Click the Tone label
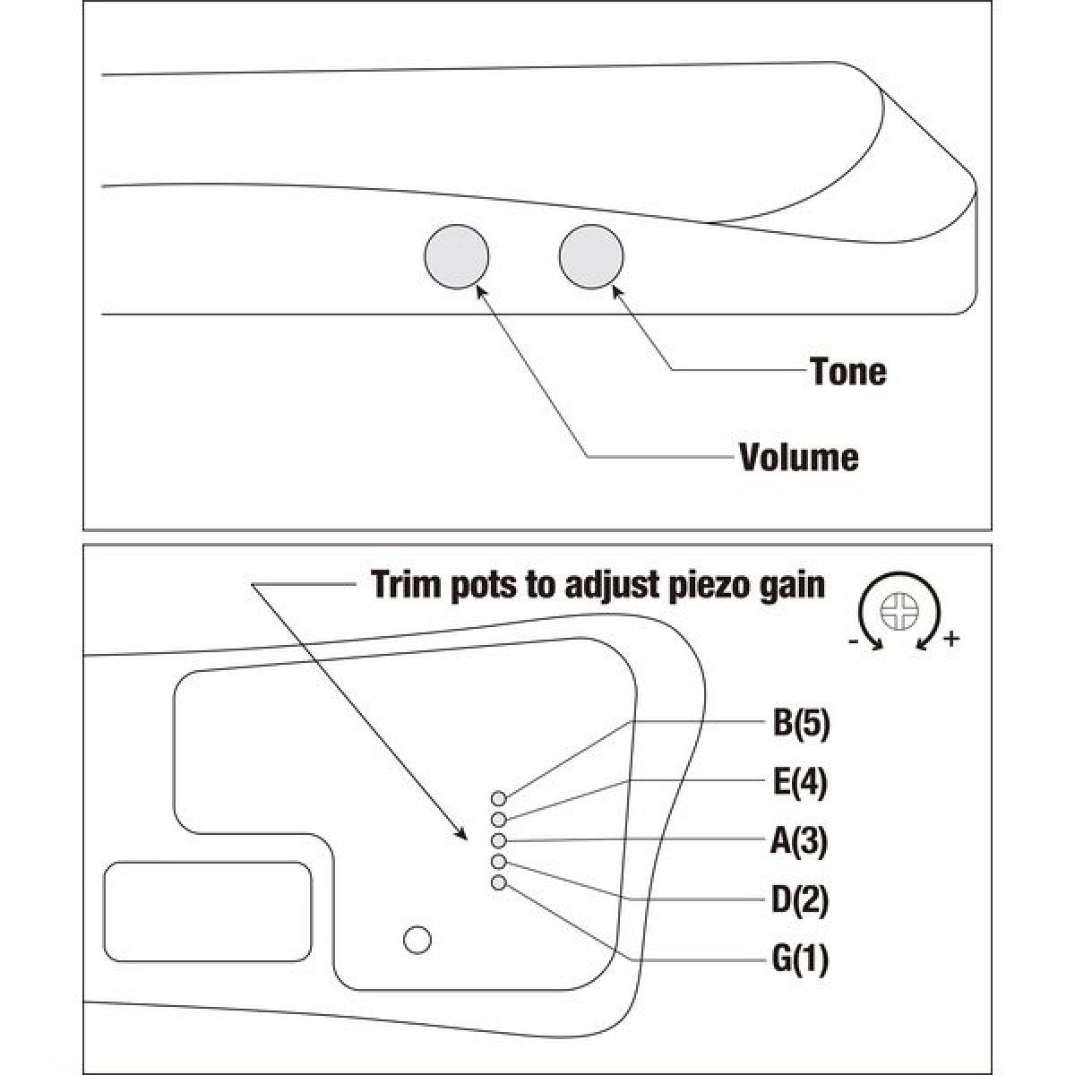pyautogui.click(x=848, y=372)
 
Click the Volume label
pyautogui.click(x=799, y=458)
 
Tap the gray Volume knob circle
pyautogui.click(x=456, y=256)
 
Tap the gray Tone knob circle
pyautogui.click(x=591, y=256)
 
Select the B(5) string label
pyautogui.click(x=801, y=723)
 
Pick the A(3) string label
pyautogui.click(x=799, y=841)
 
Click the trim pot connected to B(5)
pyautogui.click(x=499, y=799)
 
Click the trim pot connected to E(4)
pyautogui.click(x=499, y=820)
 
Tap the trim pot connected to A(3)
pyautogui.click(x=499, y=840)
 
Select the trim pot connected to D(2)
pyautogui.click(x=499, y=862)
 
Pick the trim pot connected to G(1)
pyautogui.click(x=499, y=882)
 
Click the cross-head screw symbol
pyautogui.click(x=899, y=611)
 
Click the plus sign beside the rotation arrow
pyautogui.click(x=951, y=639)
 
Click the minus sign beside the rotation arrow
pyautogui.click(x=853, y=642)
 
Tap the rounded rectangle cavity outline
pyautogui.click(x=208, y=912)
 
